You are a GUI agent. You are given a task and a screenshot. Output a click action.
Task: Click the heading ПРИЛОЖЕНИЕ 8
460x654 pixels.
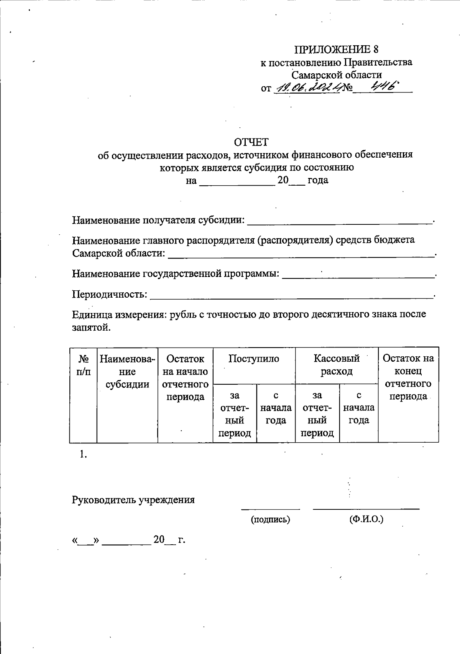point(336,49)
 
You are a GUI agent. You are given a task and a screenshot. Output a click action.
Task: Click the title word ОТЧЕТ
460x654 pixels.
point(251,142)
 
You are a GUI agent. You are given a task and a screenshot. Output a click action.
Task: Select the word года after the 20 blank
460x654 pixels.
point(318,180)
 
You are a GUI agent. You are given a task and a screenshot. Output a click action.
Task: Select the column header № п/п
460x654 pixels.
point(84,365)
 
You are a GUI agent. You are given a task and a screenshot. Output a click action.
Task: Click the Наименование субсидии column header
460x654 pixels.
point(127,371)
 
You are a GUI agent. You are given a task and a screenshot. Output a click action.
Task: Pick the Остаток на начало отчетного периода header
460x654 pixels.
point(185,377)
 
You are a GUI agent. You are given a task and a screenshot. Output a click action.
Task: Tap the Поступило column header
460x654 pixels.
point(254,359)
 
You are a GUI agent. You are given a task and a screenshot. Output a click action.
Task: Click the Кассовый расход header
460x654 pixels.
point(337,365)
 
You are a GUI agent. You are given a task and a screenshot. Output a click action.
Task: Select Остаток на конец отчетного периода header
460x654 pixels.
point(408,377)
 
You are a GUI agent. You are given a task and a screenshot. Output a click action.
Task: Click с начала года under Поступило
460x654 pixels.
point(276,408)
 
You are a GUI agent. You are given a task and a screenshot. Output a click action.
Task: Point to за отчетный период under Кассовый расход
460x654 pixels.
point(317,414)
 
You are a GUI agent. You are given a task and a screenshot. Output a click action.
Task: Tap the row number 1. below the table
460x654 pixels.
point(84,454)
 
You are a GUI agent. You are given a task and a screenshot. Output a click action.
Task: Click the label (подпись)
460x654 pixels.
point(270,519)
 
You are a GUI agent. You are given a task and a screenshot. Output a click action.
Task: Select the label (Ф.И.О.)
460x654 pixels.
point(366,519)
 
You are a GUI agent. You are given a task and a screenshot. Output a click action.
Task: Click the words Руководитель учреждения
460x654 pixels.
point(133,500)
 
